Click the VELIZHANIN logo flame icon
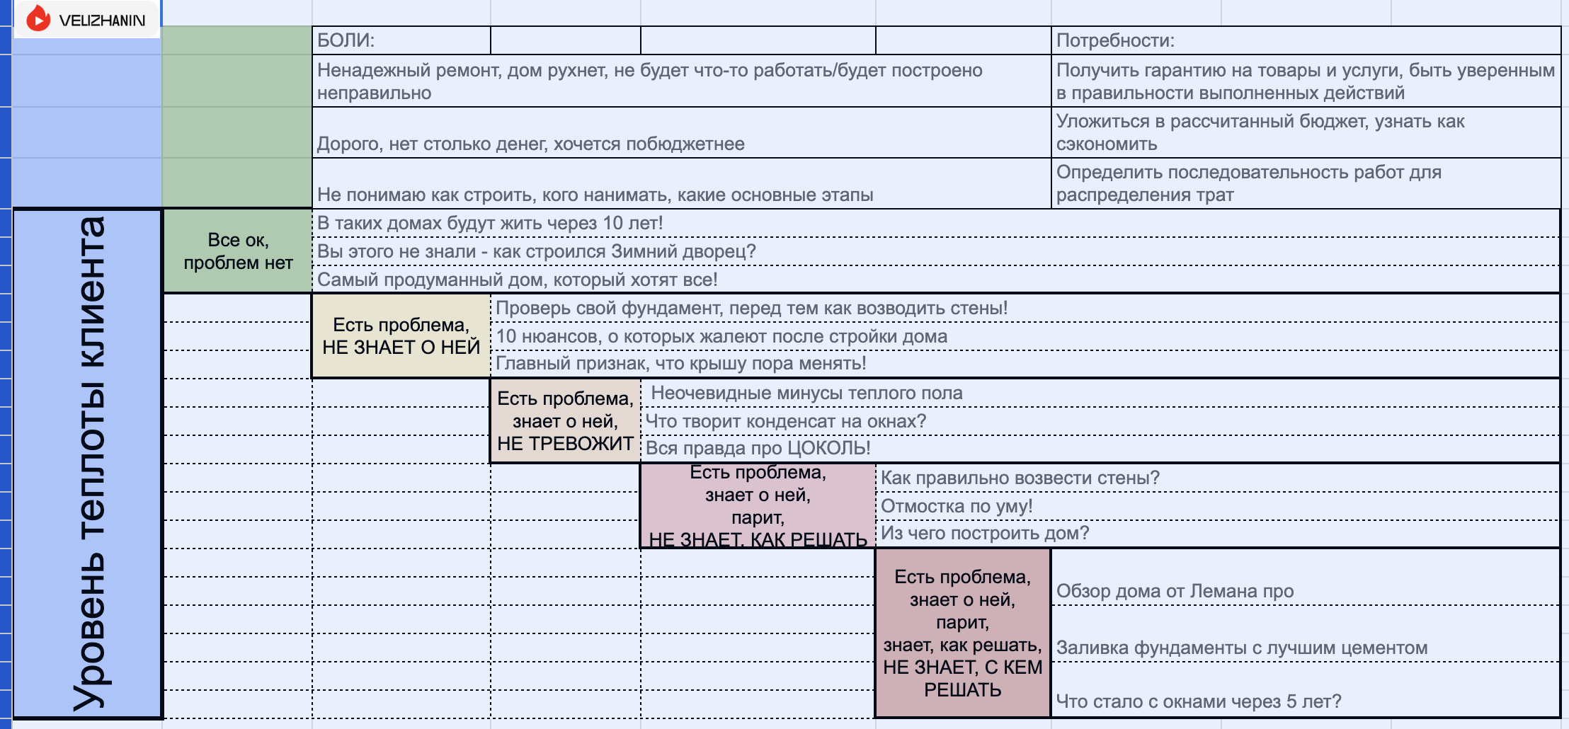tap(38, 19)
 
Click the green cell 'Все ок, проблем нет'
tap(238, 251)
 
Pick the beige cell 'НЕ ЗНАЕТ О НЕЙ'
tap(401, 336)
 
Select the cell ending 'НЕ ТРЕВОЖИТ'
tap(565, 421)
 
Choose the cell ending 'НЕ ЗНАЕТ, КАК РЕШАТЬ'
tap(758, 506)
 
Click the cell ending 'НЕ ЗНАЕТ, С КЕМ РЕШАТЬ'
tap(963, 633)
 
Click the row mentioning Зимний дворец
tap(537, 251)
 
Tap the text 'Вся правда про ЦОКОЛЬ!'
tap(758, 448)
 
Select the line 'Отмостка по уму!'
tap(956, 506)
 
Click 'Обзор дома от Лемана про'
tap(1174, 591)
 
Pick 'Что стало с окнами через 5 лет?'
tap(1198, 701)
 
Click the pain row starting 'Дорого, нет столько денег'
tap(531, 144)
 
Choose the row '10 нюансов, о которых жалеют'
tap(721, 336)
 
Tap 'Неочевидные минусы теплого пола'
tap(806, 393)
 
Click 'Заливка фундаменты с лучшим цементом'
tap(1241, 648)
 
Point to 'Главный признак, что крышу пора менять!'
tap(680, 363)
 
